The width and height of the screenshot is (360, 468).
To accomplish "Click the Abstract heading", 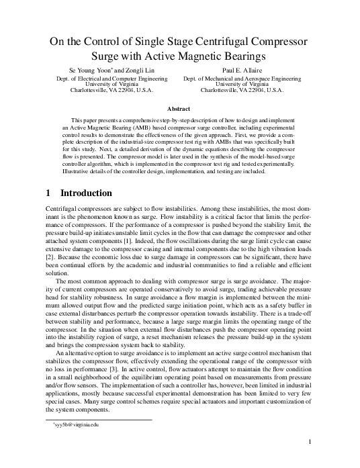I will point(179,107).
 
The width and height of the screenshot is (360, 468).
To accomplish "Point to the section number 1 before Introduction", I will point(48,193).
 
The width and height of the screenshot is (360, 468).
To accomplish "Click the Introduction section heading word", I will point(85,193).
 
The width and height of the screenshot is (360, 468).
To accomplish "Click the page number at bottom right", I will point(308,441).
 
